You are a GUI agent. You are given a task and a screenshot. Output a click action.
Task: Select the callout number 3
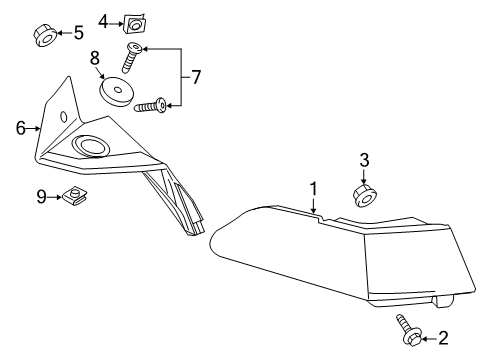pos(365,159)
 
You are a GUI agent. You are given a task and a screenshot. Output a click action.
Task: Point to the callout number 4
pos(104,20)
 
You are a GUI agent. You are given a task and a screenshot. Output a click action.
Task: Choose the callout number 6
pos(20,127)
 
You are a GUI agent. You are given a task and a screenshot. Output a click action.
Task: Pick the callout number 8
pos(96,59)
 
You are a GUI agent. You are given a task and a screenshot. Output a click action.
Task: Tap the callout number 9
pos(42,197)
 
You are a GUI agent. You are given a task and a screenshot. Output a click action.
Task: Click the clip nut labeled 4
pos(132,21)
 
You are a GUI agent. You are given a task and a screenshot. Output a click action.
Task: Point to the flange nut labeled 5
pos(45,35)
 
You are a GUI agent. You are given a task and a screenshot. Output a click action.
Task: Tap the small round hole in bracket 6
pos(64,117)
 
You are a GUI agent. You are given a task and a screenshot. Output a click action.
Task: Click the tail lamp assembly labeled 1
pos(330,250)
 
